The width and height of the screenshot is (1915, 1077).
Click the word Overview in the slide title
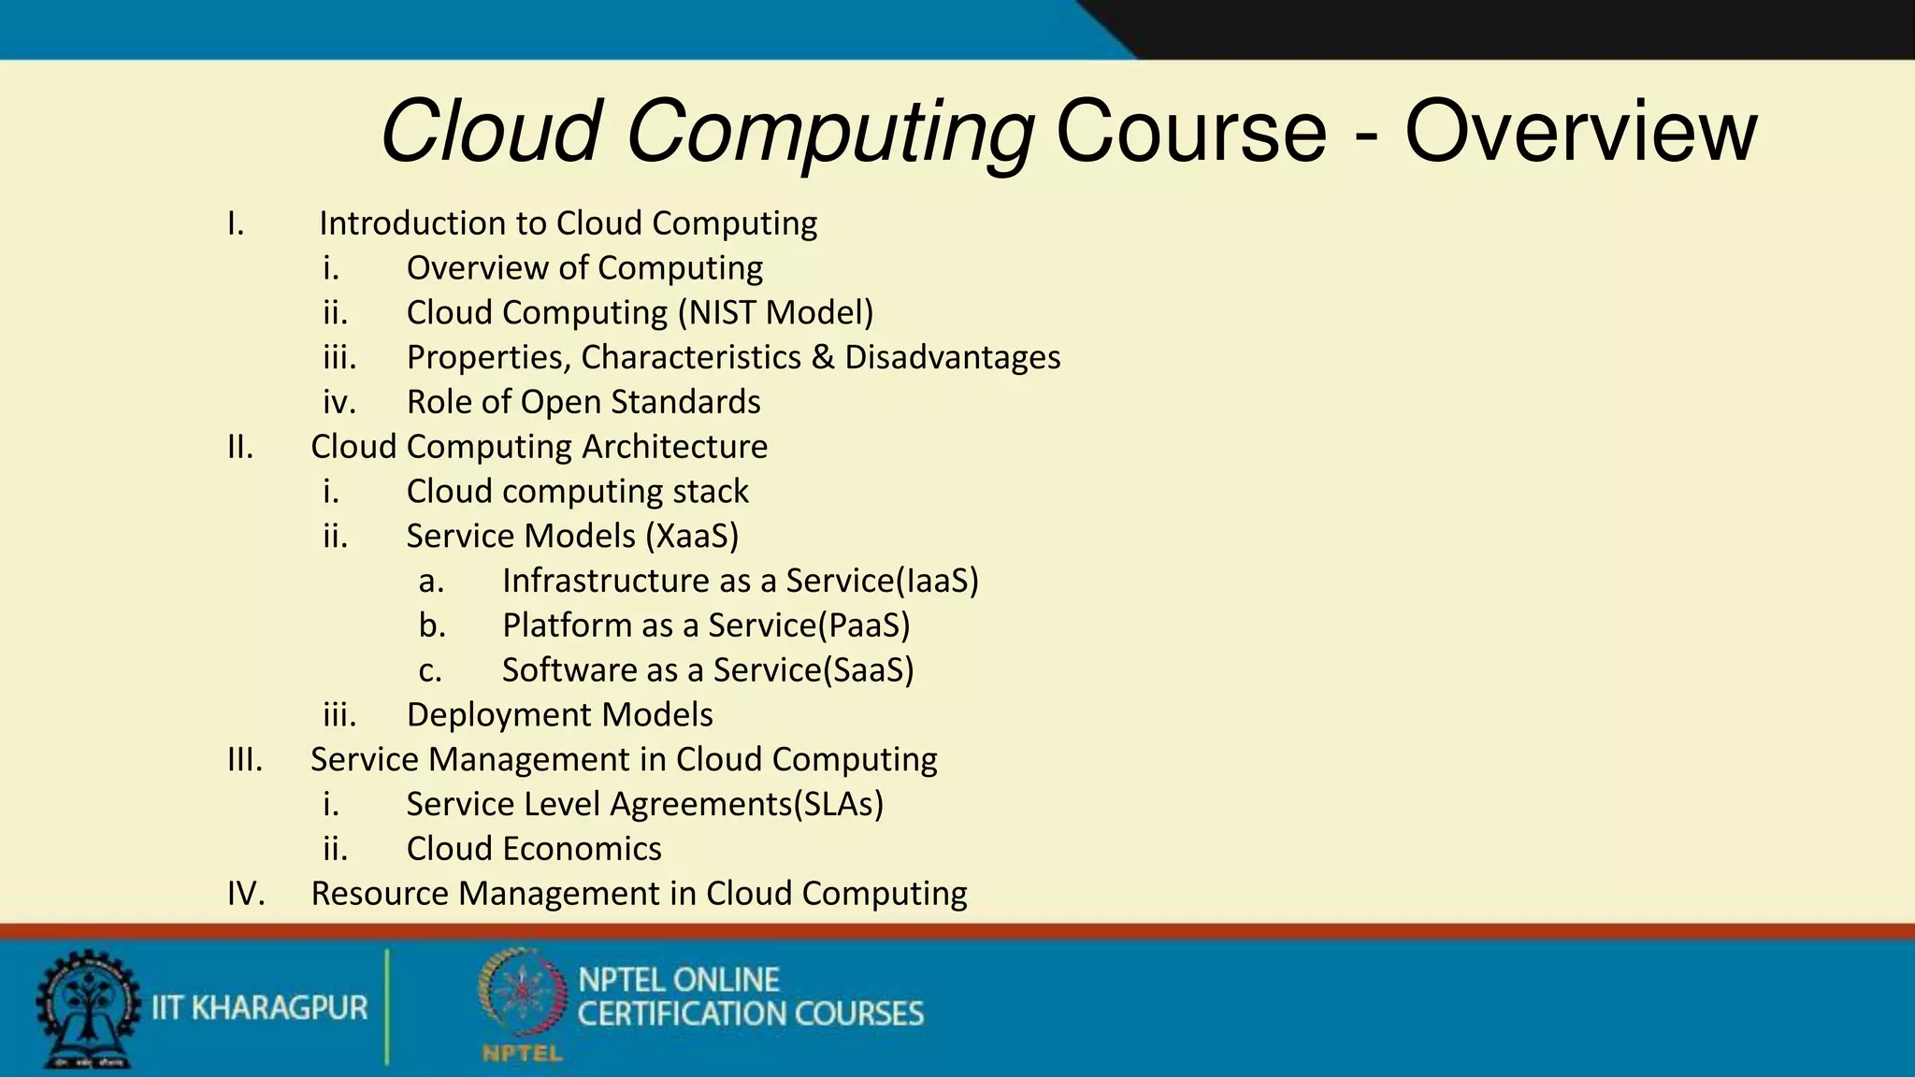[1580, 131]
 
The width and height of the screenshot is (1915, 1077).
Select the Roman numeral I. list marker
[236, 223]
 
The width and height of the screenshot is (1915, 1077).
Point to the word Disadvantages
[952, 357]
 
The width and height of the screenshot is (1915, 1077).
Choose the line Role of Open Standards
[583, 402]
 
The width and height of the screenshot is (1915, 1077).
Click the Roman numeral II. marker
[240, 447]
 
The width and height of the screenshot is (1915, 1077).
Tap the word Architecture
[674, 447]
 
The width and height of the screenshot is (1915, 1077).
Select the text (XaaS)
[691, 536]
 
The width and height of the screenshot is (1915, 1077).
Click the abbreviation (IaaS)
[937, 581]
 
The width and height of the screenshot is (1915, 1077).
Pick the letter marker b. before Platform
[432, 625]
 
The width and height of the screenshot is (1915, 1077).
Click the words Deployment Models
[559, 715]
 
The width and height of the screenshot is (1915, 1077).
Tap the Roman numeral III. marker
[245, 759]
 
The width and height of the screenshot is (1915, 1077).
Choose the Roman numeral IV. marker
[246, 894]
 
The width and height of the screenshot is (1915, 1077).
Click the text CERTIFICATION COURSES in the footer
[750, 1014]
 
